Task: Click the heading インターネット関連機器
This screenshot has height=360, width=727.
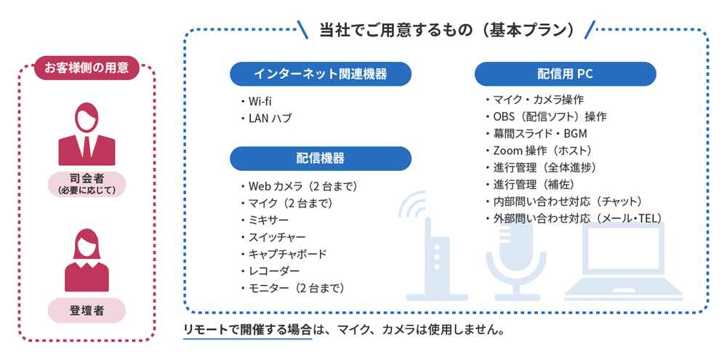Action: (x=321, y=73)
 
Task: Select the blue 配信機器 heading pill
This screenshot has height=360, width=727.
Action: (x=321, y=159)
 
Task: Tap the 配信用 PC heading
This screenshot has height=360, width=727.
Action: (x=565, y=73)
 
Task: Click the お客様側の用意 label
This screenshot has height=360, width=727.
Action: (x=87, y=68)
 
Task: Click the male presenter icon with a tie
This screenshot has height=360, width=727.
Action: (x=87, y=134)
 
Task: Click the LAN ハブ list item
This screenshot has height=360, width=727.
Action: (x=266, y=119)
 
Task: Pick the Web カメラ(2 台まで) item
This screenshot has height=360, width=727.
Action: (x=299, y=186)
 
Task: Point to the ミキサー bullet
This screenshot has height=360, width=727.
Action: (x=265, y=220)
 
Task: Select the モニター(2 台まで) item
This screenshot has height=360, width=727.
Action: (x=292, y=288)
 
